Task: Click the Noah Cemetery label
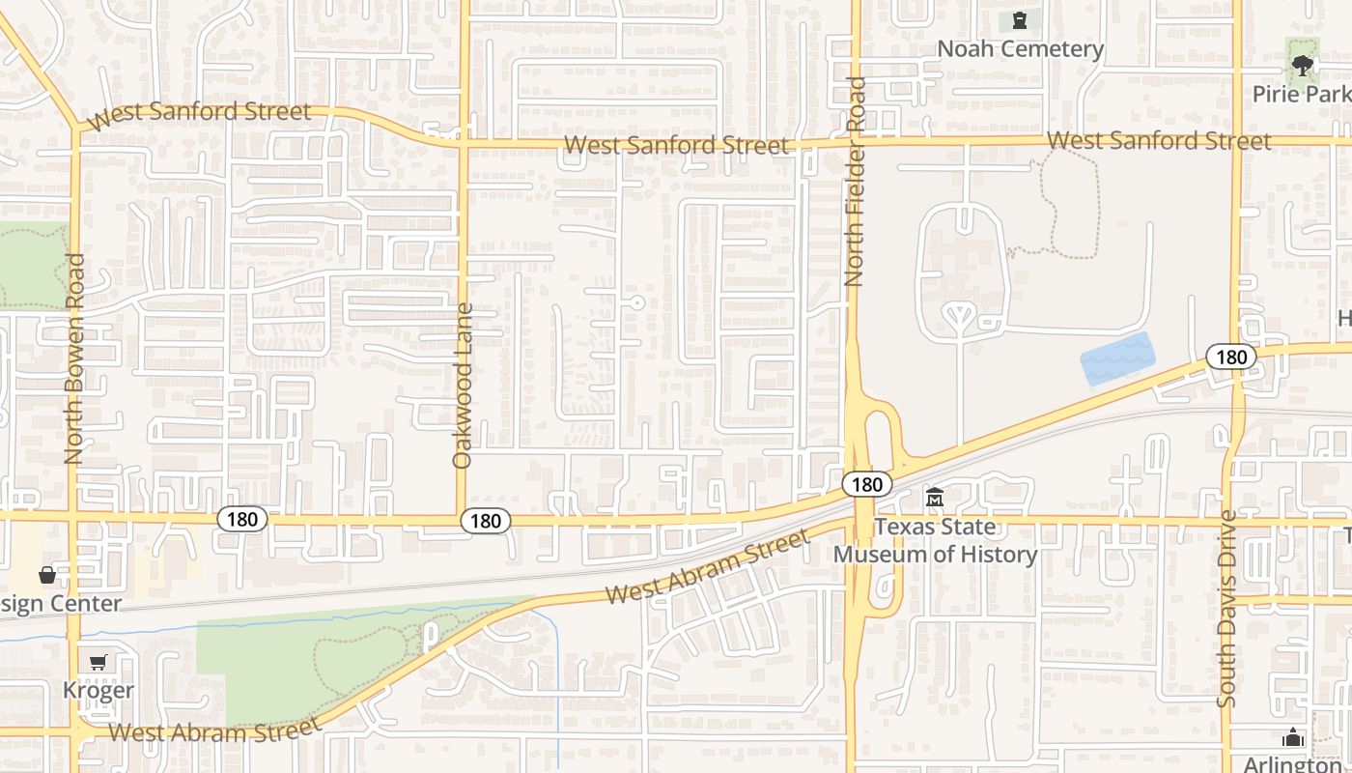pos(1020,48)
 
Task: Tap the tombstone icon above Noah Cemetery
pos(1020,20)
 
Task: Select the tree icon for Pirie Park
pos(1302,66)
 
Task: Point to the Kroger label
pos(98,691)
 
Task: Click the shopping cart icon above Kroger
pos(98,663)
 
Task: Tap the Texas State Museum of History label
pos(935,541)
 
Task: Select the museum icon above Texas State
pos(935,499)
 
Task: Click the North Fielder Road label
pos(854,182)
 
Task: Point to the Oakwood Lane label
pos(463,386)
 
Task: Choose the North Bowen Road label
pos(74,358)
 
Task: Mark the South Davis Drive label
pos(1226,609)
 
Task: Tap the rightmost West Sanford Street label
pos(1159,141)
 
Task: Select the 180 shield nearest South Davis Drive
pos(1231,357)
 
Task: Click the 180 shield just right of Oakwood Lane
pos(485,521)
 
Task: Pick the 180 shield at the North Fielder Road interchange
pos(866,484)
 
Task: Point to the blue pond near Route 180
pos(1117,358)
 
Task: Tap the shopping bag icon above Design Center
pos(46,576)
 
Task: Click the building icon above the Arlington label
pos(1293,739)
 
